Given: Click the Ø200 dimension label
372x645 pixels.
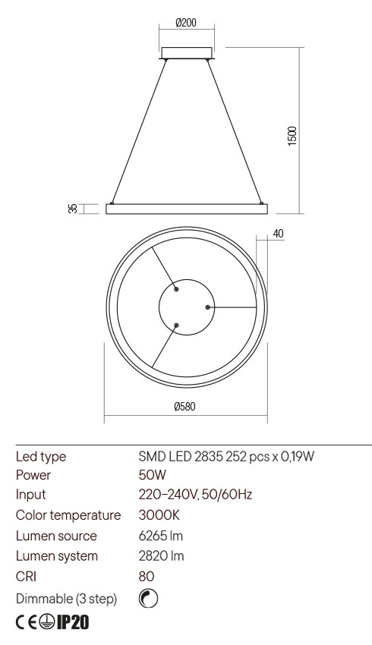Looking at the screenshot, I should coord(186,23).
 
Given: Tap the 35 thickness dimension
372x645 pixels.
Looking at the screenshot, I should coord(73,209).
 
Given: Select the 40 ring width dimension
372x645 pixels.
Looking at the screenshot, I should coord(278,234).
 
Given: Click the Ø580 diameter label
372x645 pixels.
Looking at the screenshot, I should coord(185,407).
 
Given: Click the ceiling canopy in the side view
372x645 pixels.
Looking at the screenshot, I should coord(187,53).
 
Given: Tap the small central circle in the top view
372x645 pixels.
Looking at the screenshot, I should coord(186,307).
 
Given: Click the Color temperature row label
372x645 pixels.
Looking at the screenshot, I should coord(68,515).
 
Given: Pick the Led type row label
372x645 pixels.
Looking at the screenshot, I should coord(41,456).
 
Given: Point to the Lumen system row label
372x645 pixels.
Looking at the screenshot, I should coord(57,556).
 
